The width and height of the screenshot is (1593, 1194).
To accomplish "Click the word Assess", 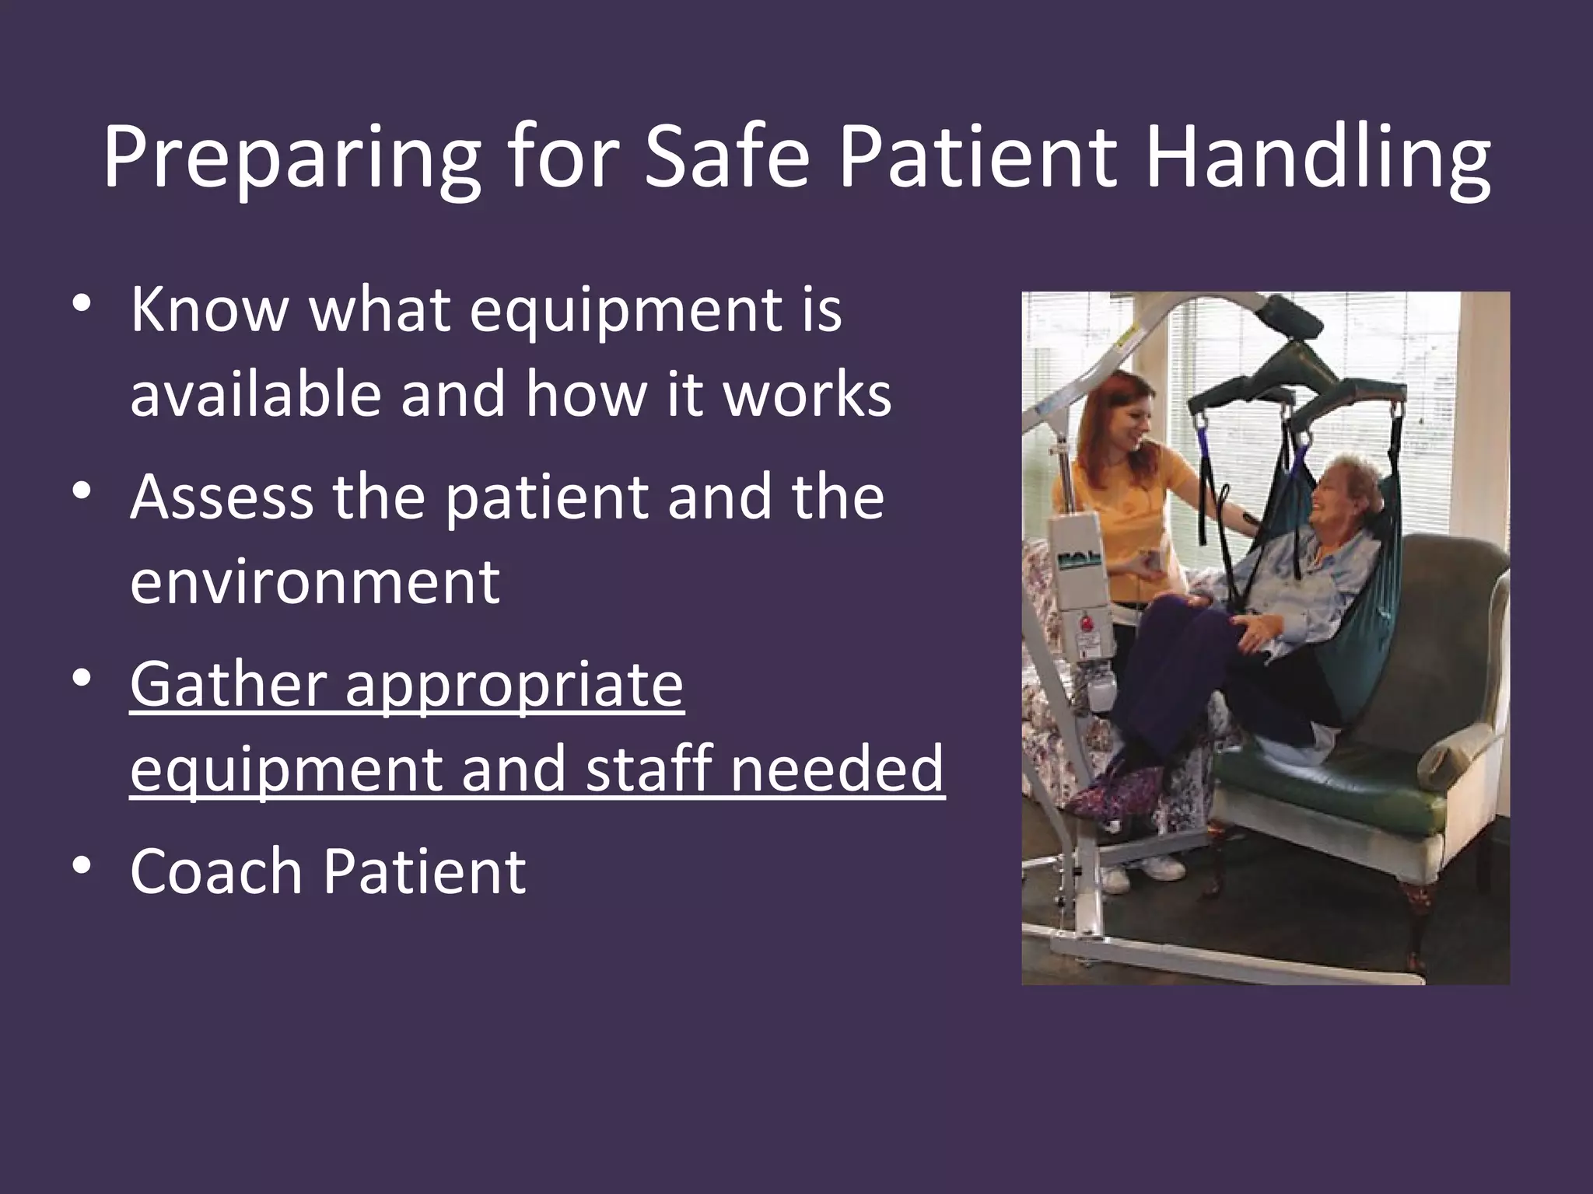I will tap(222, 497).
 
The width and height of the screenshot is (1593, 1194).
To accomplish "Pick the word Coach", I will tap(215, 871).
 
